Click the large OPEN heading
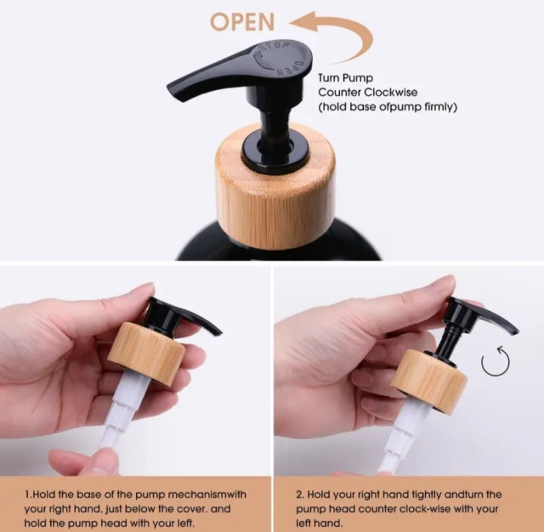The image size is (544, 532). coord(242,22)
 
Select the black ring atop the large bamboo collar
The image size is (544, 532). coord(275,149)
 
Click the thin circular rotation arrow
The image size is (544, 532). coord(496,360)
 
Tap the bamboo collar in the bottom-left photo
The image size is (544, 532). coord(146,353)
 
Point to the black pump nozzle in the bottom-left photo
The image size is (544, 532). coord(184,317)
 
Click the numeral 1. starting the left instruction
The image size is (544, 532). coord(28,495)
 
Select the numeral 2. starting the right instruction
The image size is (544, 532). coord(300,495)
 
